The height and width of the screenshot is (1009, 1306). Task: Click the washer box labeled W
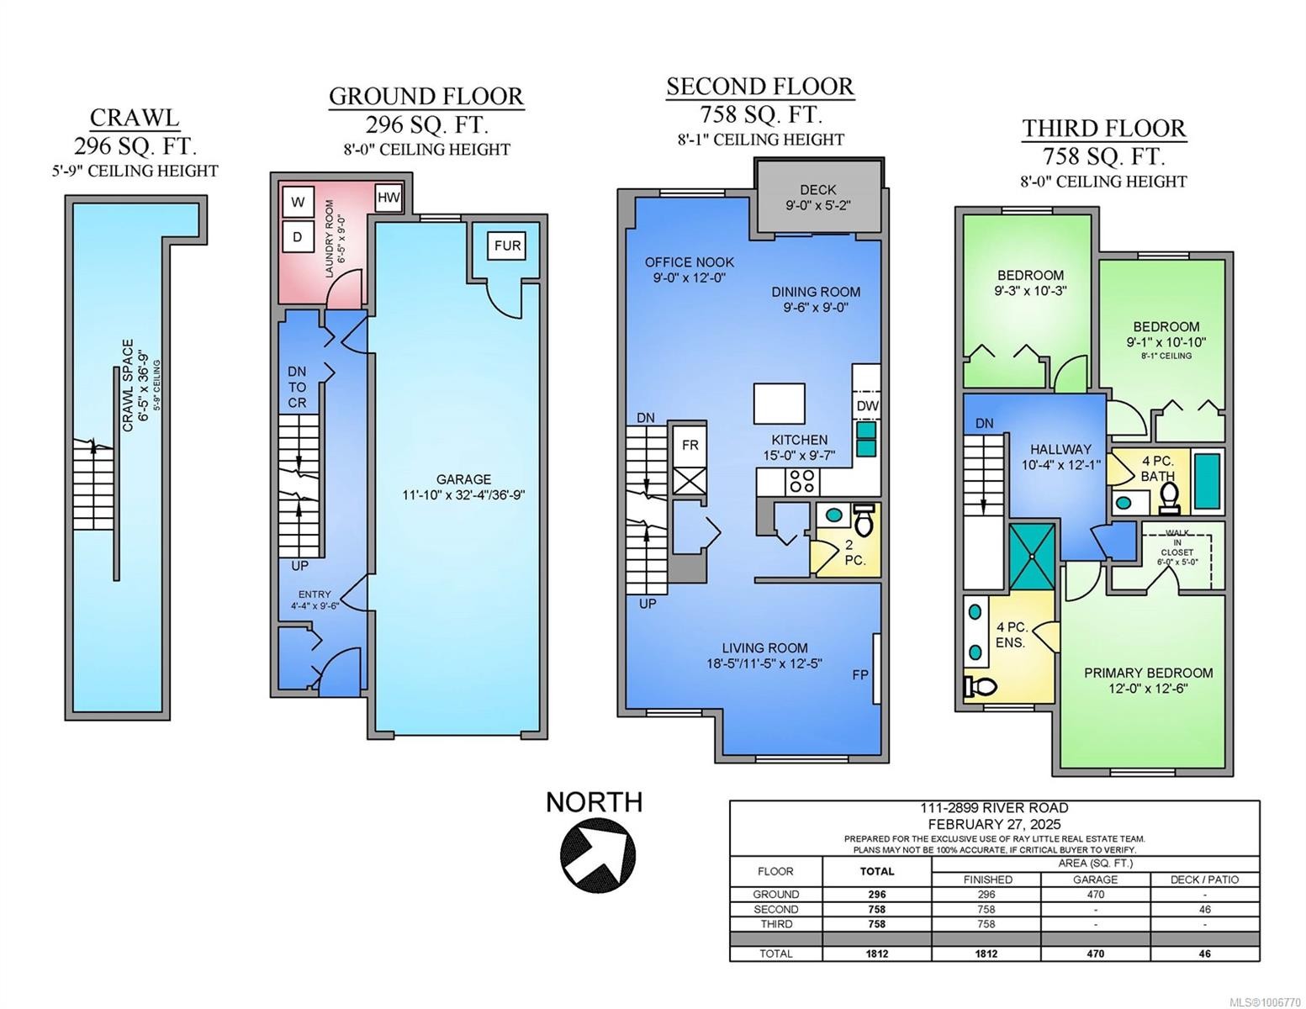point(298,202)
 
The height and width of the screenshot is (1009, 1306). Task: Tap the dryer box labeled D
point(298,237)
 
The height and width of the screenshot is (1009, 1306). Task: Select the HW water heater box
point(389,198)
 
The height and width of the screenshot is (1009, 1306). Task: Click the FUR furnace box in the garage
point(507,246)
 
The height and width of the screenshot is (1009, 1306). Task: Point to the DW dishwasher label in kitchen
point(867,405)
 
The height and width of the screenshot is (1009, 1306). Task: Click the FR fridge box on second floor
point(690,445)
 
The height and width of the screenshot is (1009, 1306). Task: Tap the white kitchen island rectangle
point(779,404)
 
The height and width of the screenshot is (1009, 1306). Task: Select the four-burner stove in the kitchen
point(801,482)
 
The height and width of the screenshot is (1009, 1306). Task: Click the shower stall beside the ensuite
point(1031,557)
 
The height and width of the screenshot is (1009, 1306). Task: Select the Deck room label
point(817,190)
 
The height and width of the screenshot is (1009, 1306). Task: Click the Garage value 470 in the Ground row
point(1095,895)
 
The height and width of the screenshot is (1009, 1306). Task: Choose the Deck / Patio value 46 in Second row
point(1204,909)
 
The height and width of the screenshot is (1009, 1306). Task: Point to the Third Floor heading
point(1103,129)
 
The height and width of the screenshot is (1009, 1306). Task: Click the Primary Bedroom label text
point(1148,673)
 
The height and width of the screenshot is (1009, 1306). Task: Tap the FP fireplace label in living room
point(859,675)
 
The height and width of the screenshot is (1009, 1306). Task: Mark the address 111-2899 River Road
point(994,808)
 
